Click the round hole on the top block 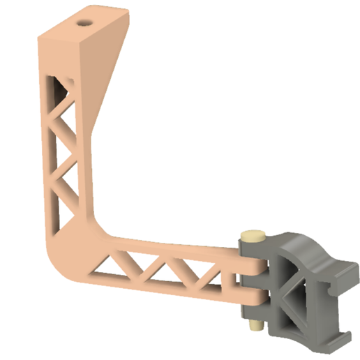pos(85,22)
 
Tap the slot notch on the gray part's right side pos(333,293)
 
